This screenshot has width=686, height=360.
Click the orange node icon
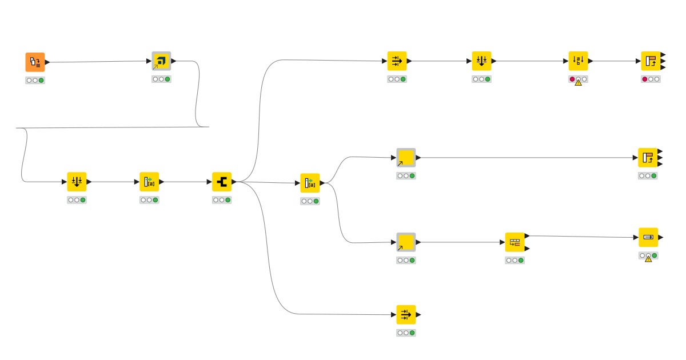pos(35,62)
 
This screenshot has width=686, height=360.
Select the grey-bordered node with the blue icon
pos(161,61)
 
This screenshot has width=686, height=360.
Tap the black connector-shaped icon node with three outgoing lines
pos(222,182)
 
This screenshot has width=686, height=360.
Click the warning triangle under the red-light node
pos(578,82)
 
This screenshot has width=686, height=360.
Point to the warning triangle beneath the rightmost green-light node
pos(648,259)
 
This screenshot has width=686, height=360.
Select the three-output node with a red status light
pos(651,61)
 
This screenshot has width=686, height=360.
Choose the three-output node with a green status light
pos(648,158)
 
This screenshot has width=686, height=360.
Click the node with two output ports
pos(514,242)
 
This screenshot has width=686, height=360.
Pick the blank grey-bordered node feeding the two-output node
pos(406,242)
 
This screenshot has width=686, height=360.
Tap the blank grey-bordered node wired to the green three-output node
pos(406,158)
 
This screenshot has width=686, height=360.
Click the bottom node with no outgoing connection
pos(406,314)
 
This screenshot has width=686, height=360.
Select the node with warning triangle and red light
pos(578,61)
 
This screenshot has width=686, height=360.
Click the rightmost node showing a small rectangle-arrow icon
pos(648,237)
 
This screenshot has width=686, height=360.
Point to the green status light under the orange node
pos(41,81)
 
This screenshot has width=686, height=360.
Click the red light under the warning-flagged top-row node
pos(572,79)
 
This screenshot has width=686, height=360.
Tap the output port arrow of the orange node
pos(47,62)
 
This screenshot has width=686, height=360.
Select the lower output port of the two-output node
pos(527,249)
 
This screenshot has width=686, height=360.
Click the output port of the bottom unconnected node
pos(418,314)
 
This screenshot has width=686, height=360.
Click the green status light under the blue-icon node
pos(167,79)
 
